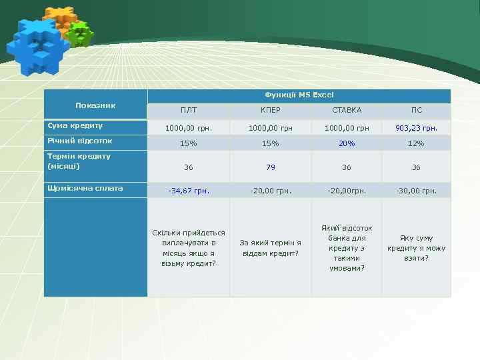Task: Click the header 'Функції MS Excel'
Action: [x=299, y=95]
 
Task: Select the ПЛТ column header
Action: [x=189, y=110]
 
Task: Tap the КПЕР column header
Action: [x=270, y=110]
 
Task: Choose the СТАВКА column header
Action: [x=347, y=110]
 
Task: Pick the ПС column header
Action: [x=416, y=110]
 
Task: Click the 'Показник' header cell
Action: [x=95, y=105]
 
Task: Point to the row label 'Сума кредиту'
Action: [x=75, y=125]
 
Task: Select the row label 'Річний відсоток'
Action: [x=79, y=141]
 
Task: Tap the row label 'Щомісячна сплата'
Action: [x=85, y=188]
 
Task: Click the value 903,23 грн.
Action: [x=416, y=127]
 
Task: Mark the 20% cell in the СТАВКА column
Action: [x=347, y=143]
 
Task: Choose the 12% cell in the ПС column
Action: [x=416, y=143]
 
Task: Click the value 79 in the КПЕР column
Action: [x=270, y=167]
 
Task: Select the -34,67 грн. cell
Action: [x=189, y=191]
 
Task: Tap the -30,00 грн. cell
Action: [x=416, y=191]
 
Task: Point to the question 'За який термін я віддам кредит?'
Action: [x=270, y=248]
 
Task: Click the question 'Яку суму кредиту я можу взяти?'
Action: [x=416, y=248]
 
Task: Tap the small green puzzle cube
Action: [x=81, y=33]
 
